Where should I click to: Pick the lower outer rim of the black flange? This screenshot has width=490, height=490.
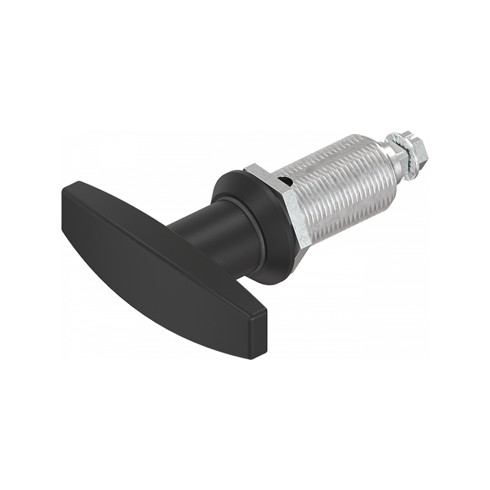269,279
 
